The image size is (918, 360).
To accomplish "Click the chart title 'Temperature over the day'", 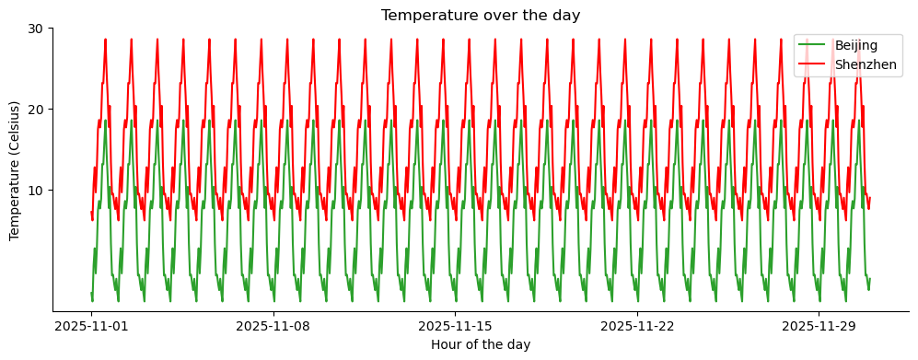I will coord(481,16).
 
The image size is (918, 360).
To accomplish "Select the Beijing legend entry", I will coord(856,45).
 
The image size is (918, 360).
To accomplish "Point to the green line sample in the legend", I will coord(813,45).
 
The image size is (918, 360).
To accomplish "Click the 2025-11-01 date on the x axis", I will coord(91,326).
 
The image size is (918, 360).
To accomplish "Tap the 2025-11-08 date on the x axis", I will coord(273,326).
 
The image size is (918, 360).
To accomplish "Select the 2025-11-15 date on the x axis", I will coord(455,326).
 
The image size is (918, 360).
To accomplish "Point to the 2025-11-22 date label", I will coord(637,326).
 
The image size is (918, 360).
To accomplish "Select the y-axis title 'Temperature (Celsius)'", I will coord(15,170).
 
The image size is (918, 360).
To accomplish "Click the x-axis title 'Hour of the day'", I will coord(481,344).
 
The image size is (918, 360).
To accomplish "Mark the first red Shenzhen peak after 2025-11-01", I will coord(105,41).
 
